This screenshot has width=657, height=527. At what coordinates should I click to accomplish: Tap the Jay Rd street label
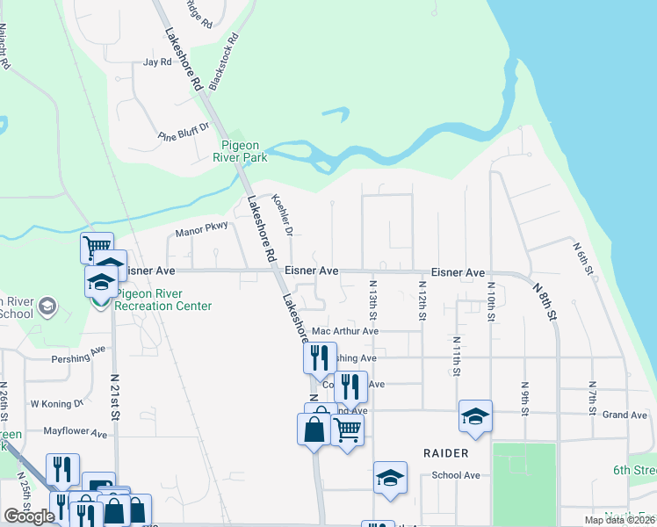coord(156,62)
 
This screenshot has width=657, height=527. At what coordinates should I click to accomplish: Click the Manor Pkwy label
coord(202,230)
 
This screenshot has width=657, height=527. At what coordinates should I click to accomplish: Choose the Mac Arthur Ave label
coord(345,331)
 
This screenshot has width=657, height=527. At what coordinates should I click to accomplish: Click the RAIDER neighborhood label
coord(445,452)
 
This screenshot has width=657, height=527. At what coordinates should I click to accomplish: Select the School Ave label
coord(455,475)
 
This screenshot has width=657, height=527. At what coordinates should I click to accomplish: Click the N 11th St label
coord(457,356)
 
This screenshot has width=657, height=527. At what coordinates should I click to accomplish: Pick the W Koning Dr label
coord(56,404)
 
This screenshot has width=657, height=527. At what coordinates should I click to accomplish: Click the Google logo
coord(29,516)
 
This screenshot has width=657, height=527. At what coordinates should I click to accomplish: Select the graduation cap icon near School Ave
coord(390,478)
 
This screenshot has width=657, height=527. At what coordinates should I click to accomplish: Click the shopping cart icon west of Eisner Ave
coord(97,247)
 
